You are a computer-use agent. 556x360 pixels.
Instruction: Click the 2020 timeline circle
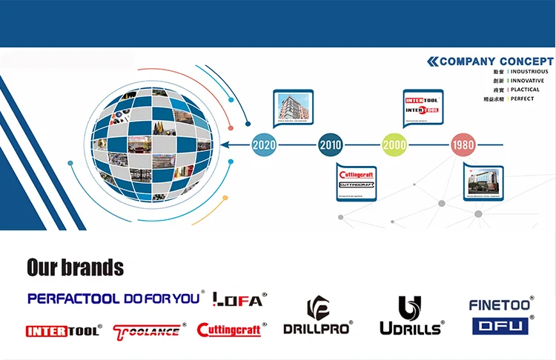coord(264,145)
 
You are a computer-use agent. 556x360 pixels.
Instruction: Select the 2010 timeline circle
coord(331,145)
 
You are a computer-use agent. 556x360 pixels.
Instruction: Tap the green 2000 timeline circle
coord(394,145)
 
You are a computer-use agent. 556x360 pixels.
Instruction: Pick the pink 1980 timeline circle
coord(463,145)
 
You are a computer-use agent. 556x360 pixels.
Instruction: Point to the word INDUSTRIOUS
coord(529,72)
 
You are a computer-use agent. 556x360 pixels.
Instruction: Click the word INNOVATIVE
coord(527,81)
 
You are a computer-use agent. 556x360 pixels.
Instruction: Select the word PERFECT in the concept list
coord(522,99)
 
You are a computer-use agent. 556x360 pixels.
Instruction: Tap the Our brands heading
coord(75,267)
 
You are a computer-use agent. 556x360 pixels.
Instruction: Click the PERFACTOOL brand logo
coord(73,299)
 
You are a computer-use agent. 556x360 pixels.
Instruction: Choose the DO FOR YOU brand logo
coord(162,299)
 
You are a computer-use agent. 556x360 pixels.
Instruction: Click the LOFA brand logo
coord(238,299)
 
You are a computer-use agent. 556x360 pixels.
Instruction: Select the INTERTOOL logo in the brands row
coord(62,331)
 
